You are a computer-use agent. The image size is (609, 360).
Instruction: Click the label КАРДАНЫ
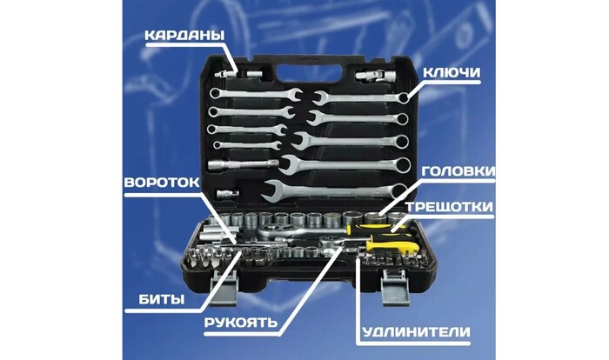[184, 36]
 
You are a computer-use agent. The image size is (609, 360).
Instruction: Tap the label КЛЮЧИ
[452, 73]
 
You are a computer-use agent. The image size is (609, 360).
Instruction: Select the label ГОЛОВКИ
[458, 171]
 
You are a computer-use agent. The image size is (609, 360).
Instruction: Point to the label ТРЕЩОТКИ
[450, 207]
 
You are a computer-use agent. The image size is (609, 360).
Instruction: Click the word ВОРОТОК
[162, 183]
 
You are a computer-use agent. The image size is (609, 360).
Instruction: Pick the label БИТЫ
[162, 299]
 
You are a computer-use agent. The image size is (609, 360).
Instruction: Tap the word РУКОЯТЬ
[241, 323]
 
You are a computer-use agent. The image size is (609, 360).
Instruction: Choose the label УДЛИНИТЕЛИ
[416, 332]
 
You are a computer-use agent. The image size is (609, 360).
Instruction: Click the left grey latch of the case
[224, 287]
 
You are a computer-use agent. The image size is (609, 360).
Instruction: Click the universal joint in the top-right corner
[375, 75]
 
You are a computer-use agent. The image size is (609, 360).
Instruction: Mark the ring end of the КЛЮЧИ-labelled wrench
[404, 97]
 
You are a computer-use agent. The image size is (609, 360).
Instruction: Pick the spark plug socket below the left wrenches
[243, 164]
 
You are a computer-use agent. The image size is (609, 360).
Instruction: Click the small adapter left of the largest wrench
[228, 193]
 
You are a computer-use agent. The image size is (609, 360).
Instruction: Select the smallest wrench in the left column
[247, 145]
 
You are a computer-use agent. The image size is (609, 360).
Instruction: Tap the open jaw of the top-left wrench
[296, 95]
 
